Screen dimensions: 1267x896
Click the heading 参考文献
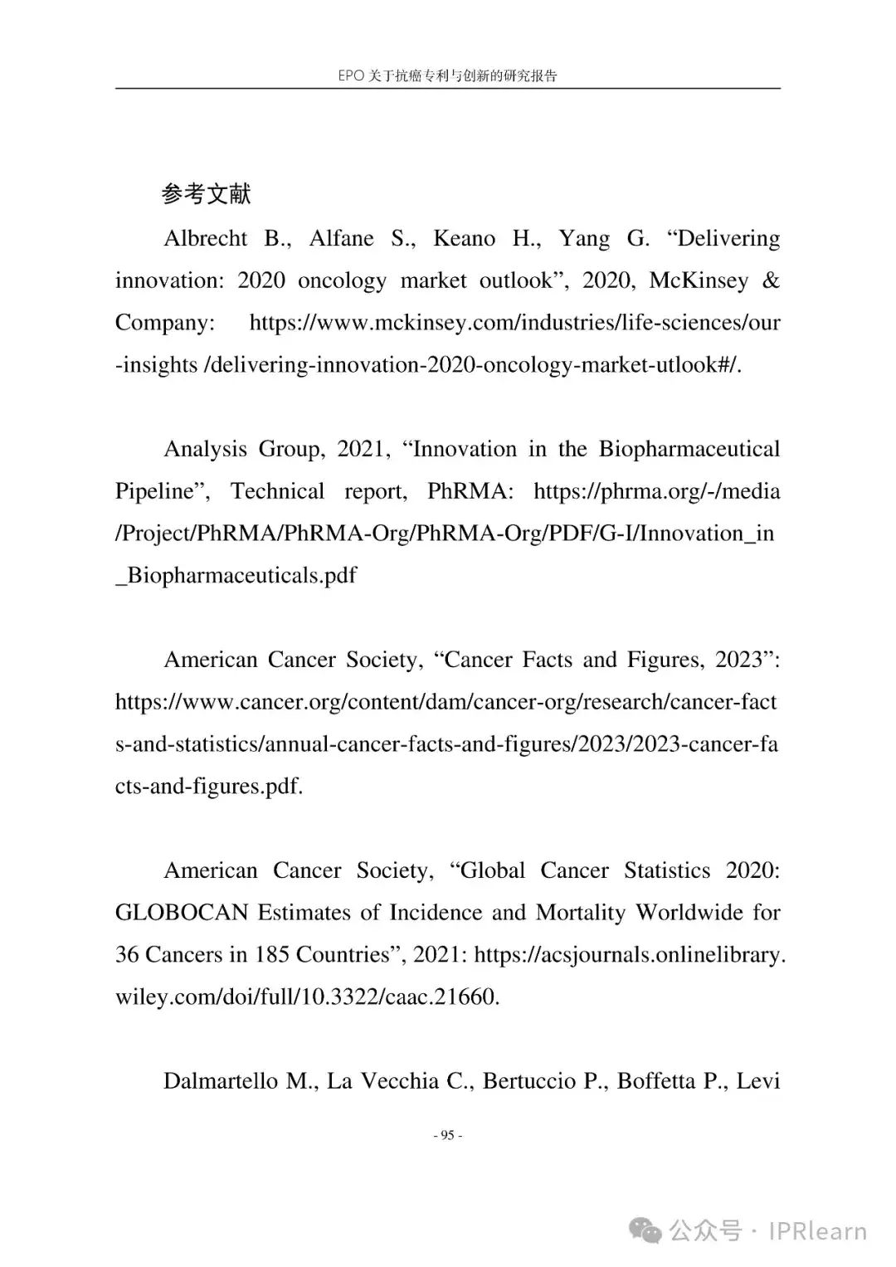(206, 194)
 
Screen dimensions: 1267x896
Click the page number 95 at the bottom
(448, 1135)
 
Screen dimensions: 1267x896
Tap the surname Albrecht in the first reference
(206, 239)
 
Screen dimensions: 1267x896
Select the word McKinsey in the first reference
(699, 281)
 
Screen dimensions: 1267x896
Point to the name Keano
(464, 239)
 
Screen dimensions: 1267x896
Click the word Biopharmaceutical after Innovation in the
(689, 450)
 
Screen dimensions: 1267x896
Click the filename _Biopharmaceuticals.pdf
(236, 576)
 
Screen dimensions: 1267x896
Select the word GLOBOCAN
(182, 913)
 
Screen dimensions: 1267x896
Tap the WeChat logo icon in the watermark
(645, 1230)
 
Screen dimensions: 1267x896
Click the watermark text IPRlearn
(817, 1230)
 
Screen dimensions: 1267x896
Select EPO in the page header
(351, 76)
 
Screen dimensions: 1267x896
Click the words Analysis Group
(244, 450)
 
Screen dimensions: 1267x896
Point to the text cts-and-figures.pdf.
(209, 787)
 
